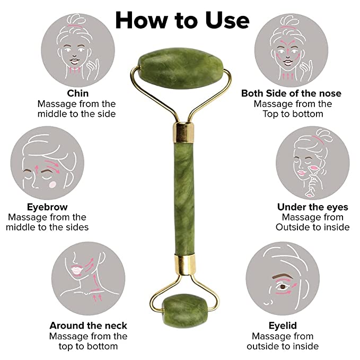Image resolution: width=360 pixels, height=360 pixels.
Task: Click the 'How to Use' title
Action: [x=182, y=20]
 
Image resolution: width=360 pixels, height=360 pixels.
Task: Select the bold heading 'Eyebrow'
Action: [x=47, y=207]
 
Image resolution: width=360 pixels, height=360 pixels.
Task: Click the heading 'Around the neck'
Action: [x=89, y=325]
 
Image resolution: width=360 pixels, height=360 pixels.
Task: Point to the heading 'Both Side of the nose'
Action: [x=291, y=93]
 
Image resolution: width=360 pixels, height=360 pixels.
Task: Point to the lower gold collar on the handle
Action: [x=181, y=262]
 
